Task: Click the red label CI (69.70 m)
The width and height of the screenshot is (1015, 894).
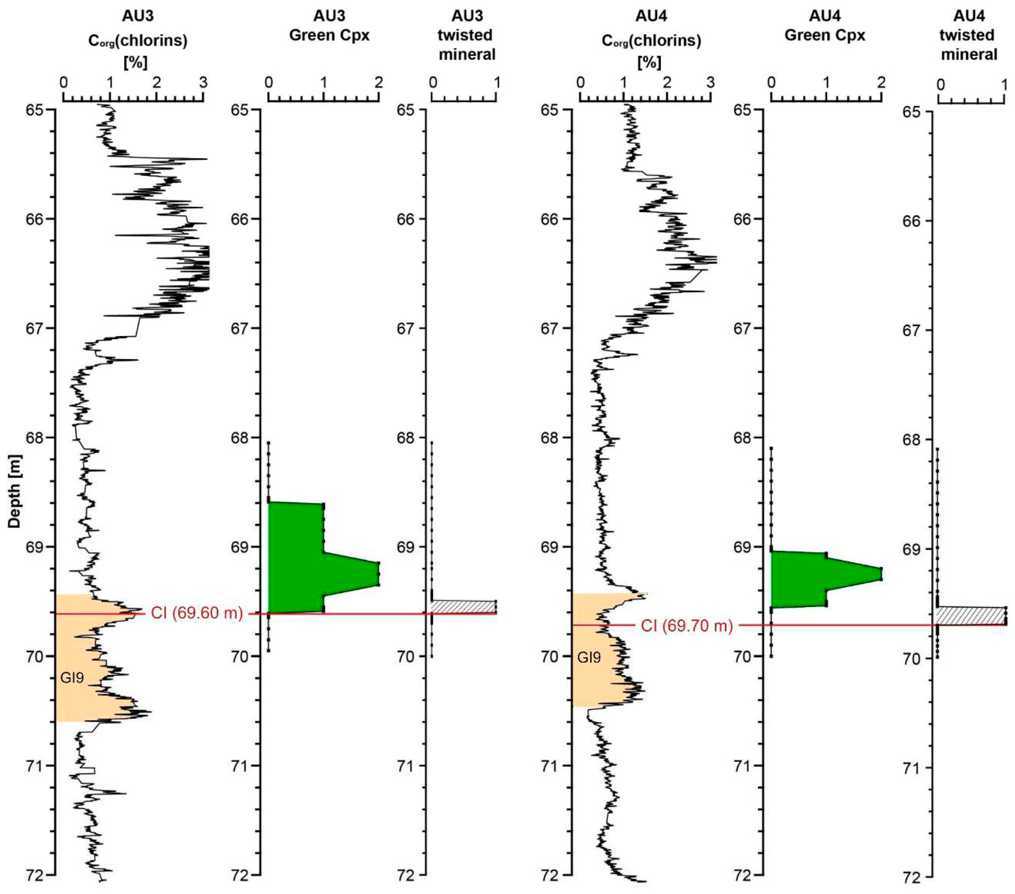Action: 687,626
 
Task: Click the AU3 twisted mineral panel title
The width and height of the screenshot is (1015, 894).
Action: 467,35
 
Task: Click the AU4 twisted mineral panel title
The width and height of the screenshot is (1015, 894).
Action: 969,35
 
